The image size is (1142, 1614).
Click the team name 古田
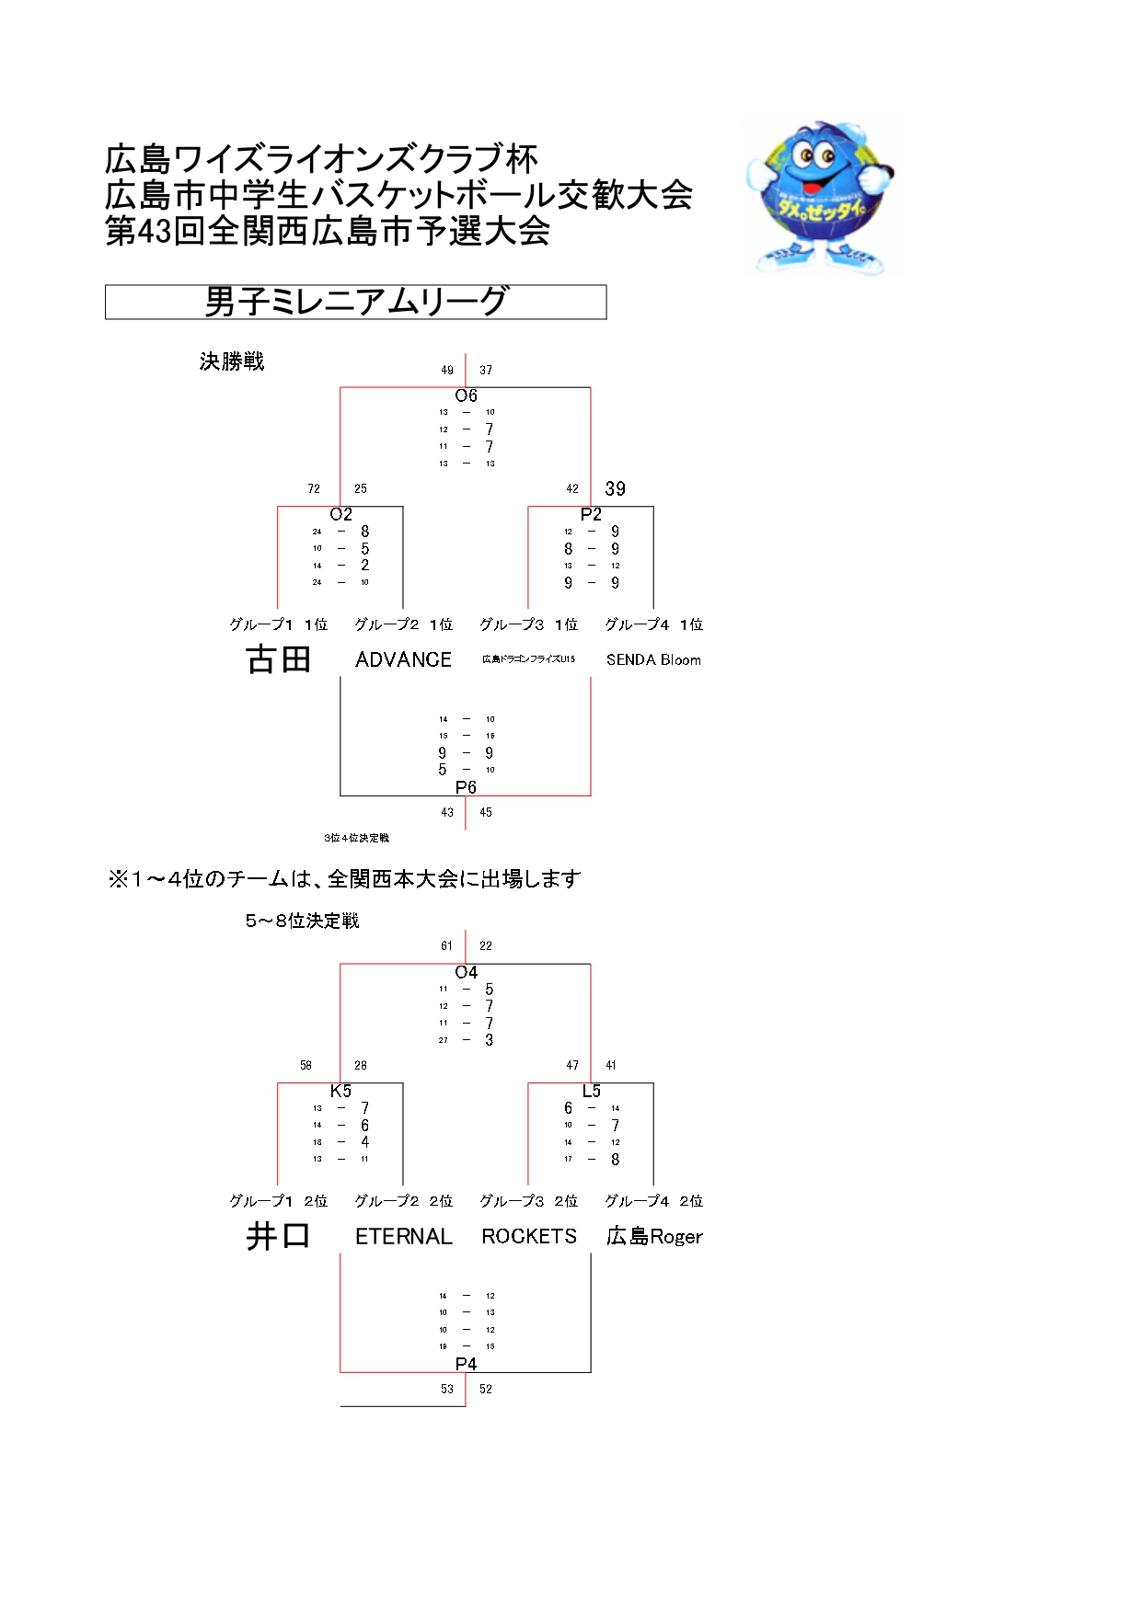click(278, 659)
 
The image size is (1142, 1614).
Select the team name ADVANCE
click(403, 659)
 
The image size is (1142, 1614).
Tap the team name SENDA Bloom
click(653, 659)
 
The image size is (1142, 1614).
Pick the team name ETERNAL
click(403, 1236)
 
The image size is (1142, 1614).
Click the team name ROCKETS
click(529, 1236)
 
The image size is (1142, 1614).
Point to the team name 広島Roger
click(653, 1236)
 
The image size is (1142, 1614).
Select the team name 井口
click(278, 1236)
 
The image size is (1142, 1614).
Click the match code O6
click(466, 395)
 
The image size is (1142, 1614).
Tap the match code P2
click(591, 514)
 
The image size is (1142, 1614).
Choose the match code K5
click(340, 1091)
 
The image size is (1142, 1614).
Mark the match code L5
click(591, 1091)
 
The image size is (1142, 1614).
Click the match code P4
click(466, 1364)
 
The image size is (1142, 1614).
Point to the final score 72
click(314, 488)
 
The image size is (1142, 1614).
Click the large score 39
click(615, 488)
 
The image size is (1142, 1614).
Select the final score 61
click(446, 945)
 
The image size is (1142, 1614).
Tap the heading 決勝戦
click(232, 361)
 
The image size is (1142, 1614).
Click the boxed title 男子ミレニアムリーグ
click(355, 302)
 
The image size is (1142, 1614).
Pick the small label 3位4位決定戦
click(356, 838)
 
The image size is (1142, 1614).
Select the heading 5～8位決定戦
click(302, 921)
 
